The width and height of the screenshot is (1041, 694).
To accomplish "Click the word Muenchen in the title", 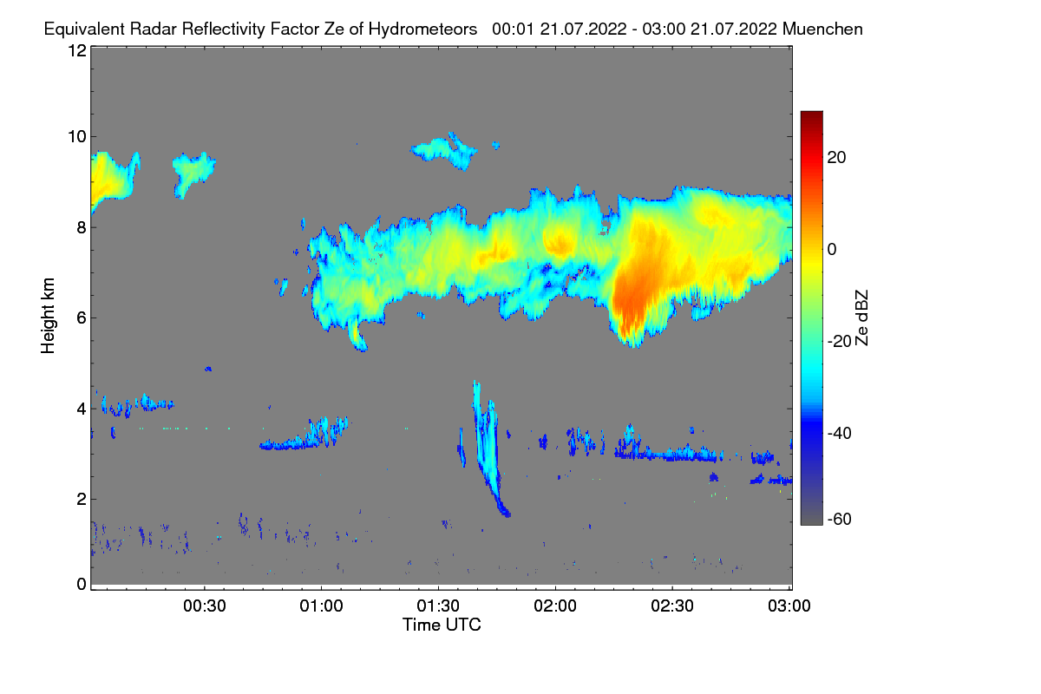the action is (x=822, y=29).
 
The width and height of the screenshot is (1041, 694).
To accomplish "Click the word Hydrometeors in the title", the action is (x=422, y=29).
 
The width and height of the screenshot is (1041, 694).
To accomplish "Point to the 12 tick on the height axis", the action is (x=77, y=50).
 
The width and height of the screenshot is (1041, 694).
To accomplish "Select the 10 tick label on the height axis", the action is (x=77, y=137).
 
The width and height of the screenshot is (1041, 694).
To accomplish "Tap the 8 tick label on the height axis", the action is (x=82, y=227).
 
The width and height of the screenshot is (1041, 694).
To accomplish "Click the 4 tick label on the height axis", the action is (x=82, y=409).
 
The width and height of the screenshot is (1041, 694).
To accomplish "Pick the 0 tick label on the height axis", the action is (x=82, y=584).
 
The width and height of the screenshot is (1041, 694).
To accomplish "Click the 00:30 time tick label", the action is (x=205, y=606).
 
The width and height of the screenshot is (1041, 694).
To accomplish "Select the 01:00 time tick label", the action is (x=321, y=606).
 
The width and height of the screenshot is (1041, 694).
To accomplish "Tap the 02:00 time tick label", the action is (x=555, y=606).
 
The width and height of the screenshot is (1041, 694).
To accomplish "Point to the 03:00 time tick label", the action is (x=789, y=606).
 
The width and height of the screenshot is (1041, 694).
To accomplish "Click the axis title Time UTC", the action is (x=442, y=625).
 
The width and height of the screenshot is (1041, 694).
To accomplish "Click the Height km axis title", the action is (x=48, y=316).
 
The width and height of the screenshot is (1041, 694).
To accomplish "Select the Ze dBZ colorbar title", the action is (x=861, y=318).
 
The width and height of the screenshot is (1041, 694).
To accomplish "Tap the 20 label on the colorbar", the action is (x=836, y=158).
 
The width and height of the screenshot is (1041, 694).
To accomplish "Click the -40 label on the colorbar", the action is (x=840, y=433).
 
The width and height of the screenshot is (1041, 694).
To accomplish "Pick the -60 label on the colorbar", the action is (x=840, y=520).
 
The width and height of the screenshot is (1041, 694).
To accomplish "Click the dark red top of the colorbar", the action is (x=811, y=116).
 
